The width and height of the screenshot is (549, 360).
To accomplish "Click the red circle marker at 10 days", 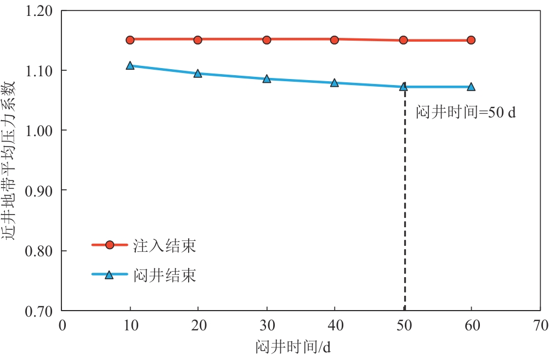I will (x=130, y=40).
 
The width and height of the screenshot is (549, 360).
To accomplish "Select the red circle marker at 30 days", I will (x=267, y=40).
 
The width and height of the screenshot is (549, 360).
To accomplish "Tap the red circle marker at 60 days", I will (x=471, y=40).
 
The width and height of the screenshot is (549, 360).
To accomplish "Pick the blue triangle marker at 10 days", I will (x=130, y=65).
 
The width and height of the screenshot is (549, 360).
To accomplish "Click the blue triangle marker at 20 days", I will (x=198, y=74).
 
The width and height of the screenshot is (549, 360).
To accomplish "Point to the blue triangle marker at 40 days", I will (x=335, y=83).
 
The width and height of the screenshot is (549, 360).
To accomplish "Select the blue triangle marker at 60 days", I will (x=471, y=87).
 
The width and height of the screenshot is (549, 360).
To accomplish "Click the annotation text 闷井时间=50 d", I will (x=466, y=114).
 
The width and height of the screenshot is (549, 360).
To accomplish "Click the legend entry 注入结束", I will (x=165, y=246).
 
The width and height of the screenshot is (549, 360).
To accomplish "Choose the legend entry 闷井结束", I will (x=165, y=275).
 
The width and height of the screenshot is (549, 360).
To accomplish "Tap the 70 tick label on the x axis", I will (x=540, y=326).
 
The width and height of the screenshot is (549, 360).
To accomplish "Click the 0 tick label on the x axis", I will (x=62, y=326).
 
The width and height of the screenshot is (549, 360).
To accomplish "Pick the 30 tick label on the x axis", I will (x=267, y=326).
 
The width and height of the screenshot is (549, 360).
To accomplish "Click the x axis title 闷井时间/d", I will (x=301, y=347).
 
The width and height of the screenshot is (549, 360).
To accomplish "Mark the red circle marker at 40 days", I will (x=335, y=40).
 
